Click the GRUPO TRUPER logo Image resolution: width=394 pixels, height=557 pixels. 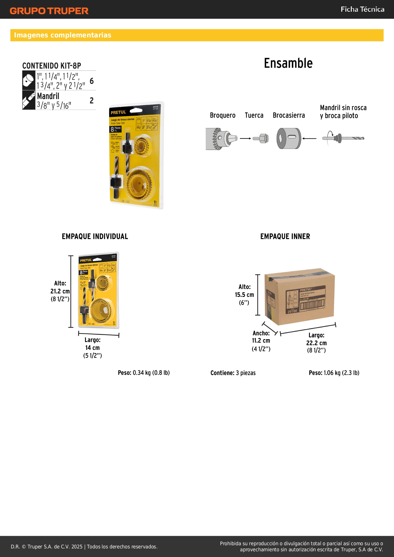coord(49,11)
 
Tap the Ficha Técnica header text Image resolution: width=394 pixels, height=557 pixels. coord(362,9)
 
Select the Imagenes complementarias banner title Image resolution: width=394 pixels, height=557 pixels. coord(63,35)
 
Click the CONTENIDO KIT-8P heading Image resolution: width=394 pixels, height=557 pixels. coord(52,66)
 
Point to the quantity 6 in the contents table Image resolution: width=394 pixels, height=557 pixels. coord(92,81)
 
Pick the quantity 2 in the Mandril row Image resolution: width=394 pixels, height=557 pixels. coord(92,101)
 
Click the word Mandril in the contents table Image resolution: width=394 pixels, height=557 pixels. coord(48,96)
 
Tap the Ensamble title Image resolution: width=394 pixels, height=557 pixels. coord(288,63)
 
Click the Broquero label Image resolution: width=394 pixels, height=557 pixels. coord(223,115)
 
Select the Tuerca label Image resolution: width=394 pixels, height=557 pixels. coord(254,115)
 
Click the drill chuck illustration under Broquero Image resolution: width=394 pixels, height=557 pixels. coord(221,138)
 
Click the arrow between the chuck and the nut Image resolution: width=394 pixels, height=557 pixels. coord(245,138)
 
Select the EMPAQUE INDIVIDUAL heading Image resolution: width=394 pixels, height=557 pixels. coord(95,237)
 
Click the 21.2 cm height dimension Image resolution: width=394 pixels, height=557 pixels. coord(60,291)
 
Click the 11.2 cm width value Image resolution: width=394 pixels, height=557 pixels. coord(261,341)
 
